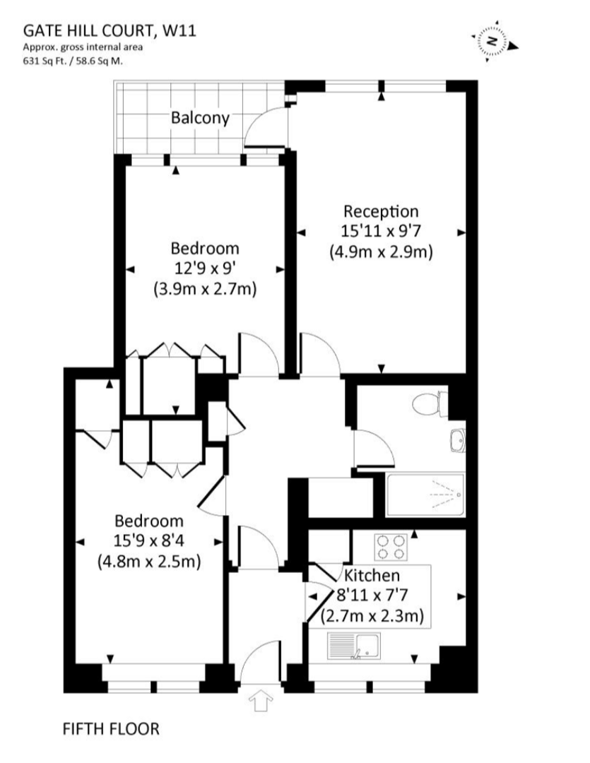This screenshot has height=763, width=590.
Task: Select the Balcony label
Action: (200, 118)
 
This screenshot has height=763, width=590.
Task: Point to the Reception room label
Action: (380, 211)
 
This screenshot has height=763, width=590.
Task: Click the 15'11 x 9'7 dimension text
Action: (380, 230)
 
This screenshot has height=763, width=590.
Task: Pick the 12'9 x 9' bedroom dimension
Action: (204, 268)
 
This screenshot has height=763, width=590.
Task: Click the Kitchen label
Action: (372, 575)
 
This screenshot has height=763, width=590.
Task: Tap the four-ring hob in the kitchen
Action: (391, 545)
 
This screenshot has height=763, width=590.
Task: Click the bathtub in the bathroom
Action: (425, 496)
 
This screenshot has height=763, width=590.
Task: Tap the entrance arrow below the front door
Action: (261, 701)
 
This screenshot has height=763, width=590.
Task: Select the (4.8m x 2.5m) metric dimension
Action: (149, 562)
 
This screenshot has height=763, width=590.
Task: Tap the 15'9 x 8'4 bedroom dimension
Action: (149, 542)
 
